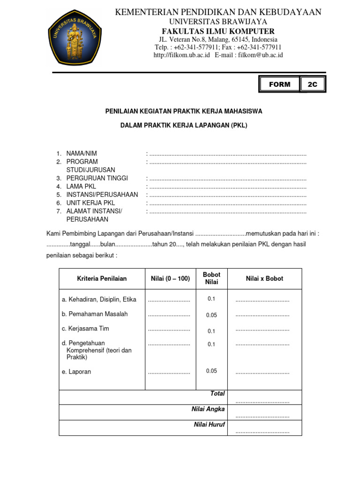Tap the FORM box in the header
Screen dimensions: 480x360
click(279, 84)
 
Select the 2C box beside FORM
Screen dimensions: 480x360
click(312, 84)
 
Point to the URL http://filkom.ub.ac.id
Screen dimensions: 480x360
click(181, 55)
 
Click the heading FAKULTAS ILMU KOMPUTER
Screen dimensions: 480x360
click(218, 31)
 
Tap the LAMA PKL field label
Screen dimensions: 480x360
click(81, 186)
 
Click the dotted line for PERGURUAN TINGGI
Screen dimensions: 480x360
click(227, 179)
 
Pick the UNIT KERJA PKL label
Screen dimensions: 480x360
click(90, 203)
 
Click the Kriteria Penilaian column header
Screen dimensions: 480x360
click(102, 278)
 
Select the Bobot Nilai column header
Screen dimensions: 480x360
click(211, 278)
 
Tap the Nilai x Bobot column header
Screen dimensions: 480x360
click(264, 278)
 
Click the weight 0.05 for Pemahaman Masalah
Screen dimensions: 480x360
click(211, 315)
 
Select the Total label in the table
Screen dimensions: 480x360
click(217, 394)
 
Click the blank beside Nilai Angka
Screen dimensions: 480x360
click(262, 416)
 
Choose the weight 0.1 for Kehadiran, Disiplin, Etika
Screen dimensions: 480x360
click(211, 299)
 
